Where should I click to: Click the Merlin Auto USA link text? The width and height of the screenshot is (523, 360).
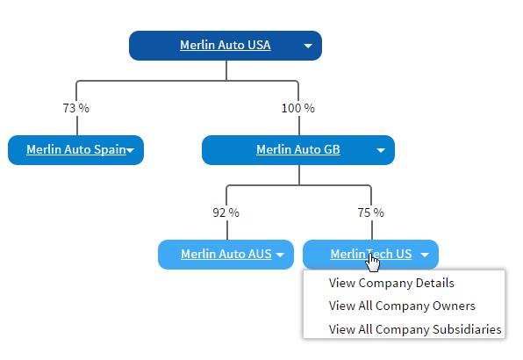pyautogui.click(x=225, y=46)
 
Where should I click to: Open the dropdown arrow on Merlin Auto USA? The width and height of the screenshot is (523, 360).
pyautogui.click(x=308, y=47)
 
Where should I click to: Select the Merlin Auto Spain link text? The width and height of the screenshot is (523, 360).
pyautogui.click(x=75, y=149)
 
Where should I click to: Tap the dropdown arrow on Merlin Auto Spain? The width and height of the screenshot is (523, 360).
pyautogui.click(x=130, y=150)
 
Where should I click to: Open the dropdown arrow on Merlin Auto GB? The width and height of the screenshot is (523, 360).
pyautogui.click(x=381, y=150)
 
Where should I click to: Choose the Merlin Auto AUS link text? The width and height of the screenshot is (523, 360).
pyautogui.click(x=226, y=255)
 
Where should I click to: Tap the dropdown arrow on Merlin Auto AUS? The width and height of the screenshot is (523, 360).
pyautogui.click(x=280, y=256)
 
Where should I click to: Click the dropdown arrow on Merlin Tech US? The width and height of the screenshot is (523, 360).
pyautogui.click(x=425, y=256)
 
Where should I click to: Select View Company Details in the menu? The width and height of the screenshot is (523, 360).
pyautogui.click(x=391, y=283)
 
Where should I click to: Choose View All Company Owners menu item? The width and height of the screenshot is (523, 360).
pyautogui.click(x=402, y=306)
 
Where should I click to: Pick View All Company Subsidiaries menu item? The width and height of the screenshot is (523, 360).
pyautogui.click(x=415, y=329)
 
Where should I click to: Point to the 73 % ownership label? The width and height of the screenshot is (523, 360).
pyautogui.click(x=75, y=109)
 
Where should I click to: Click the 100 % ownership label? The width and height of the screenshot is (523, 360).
pyautogui.click(x=297, y=109)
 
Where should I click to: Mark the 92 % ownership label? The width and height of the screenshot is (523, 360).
pyautogui.click(x=226, y=212)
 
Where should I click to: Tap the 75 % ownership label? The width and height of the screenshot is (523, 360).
pyautogui.click(x=370, y=212)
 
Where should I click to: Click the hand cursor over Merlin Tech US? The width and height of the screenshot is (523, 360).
pyautogui.click(x=373, y=262)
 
